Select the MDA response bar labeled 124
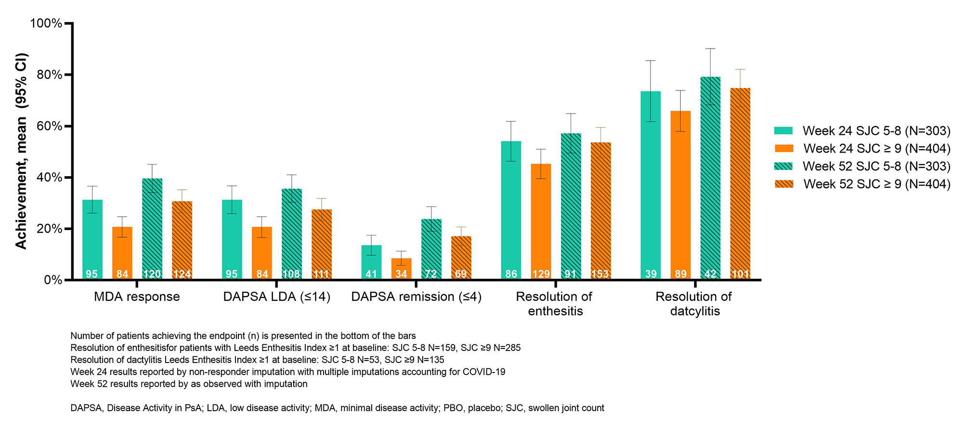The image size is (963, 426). point(182,240)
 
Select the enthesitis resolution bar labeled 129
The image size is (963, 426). point(541,221)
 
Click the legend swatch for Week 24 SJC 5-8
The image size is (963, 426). point(783,130)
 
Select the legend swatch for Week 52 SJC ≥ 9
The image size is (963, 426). point(783,184)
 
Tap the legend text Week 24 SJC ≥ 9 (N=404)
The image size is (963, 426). point(876,148)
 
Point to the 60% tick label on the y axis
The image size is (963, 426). point(50,126)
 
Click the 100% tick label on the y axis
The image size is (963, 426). point(46,24)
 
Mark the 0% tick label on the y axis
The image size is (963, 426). point(53,280)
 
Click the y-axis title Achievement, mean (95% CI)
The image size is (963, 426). point(21,151)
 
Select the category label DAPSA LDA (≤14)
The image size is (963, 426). point(277,297)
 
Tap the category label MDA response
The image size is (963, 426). point(137,297)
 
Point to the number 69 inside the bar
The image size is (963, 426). point(461,274)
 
